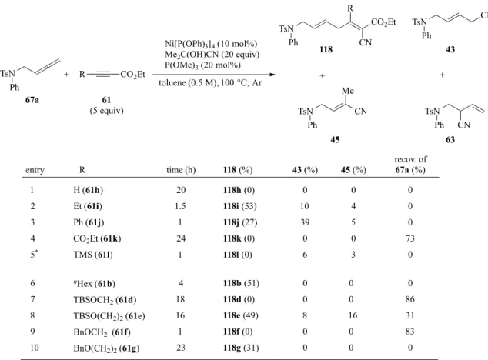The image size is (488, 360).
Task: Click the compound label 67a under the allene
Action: click(x=32, y=100)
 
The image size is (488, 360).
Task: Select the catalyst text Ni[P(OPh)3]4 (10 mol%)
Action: click(x=211, y=44)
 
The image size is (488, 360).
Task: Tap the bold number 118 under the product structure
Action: click(x=326, y=49)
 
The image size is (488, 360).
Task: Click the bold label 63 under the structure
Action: click(x=450, y=140)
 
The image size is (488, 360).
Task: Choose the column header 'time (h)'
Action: click(x=181, y=170)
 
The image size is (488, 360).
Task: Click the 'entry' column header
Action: click(x=35, y=170)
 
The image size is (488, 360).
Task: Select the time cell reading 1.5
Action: click(x=181, y=206)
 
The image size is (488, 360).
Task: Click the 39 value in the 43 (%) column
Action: click(x=305, y=222)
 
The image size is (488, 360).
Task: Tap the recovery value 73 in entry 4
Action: click(x=410, y=238)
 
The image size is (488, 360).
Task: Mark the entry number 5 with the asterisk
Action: click(x=34, y=254)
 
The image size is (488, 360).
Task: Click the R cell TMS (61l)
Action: click(x=93, y=255)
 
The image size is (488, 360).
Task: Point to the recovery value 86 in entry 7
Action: click(x=410, y=299)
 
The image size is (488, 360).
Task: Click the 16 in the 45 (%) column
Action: click(x=353, y=315)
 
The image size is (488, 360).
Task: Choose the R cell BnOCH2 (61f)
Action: click(x=102, y=332)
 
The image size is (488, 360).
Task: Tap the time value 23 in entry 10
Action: click(x=181, y=348)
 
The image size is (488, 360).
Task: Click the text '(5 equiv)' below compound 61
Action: click(x=106, y=111)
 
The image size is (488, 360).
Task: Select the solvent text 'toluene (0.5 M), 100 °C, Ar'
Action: click(x=210, y=83)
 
